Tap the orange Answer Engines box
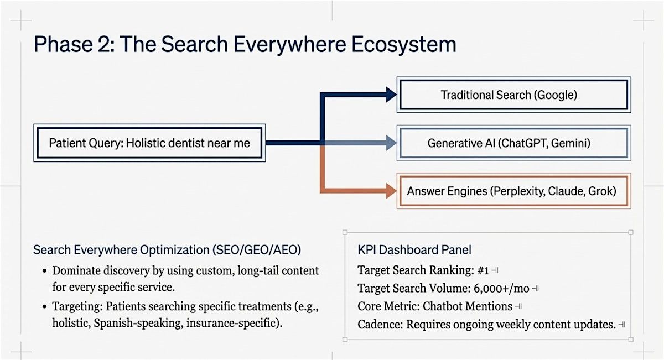[x=513, y=191]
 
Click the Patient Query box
[x=149, y=143]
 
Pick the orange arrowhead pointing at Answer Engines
[x=392, y=191]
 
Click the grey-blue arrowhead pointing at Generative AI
[x=392, y=143]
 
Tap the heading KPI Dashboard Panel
[x=414, y=250]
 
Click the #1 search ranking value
[x=483, y=270]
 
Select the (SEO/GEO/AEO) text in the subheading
[x=257, y=250]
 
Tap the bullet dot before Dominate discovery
[x=44, y=272]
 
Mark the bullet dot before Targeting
[x=44, y=306]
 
